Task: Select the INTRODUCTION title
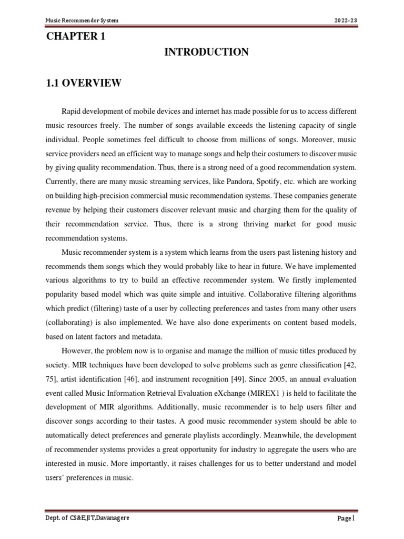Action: (206, 52)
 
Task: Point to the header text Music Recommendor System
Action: (82, 21)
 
